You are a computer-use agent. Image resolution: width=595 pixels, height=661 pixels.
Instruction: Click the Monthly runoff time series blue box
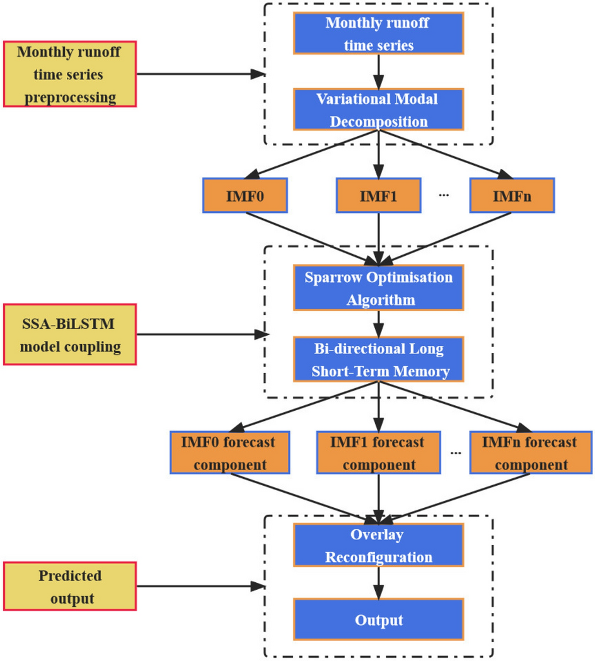[x=378, y=34]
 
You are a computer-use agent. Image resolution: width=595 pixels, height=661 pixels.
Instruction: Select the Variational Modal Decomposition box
[x=378, y=110]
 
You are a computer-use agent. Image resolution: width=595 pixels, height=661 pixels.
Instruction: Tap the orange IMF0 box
[x=245, y=195]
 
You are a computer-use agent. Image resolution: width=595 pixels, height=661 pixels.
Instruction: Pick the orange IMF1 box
[x=378, y=195]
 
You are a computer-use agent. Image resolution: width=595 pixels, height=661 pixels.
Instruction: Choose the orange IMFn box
[x=512, y=195]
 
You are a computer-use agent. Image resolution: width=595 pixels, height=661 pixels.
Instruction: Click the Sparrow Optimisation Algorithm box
[x=378, y=288]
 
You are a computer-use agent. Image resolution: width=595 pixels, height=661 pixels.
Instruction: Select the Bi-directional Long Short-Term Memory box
[x=378, y=360]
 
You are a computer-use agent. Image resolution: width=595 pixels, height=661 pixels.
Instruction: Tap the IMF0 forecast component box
[x=230, y=453]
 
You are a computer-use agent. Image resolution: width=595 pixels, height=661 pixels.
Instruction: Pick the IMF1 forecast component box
[x=378, y=453]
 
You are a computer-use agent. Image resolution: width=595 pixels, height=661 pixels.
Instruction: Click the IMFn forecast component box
[x=529, y=453]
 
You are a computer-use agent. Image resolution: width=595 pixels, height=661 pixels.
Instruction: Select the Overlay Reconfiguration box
[x=378, y=546]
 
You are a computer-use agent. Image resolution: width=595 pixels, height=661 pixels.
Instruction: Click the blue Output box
[x=378, y=620]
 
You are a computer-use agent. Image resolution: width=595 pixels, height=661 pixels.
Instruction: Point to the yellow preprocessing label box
[x=69, y=74]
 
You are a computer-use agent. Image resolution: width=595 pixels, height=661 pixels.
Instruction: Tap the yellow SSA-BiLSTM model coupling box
[x=69, y=335]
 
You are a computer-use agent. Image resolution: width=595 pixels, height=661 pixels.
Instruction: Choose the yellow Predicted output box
[x=69, y=586]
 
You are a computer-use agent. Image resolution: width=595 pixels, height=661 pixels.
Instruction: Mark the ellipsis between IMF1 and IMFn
[x=444, y=196]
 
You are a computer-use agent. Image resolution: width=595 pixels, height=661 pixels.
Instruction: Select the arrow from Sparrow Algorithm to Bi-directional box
[x=378, y=324]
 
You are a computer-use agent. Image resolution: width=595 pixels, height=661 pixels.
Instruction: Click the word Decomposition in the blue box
[x=378, y=122]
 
